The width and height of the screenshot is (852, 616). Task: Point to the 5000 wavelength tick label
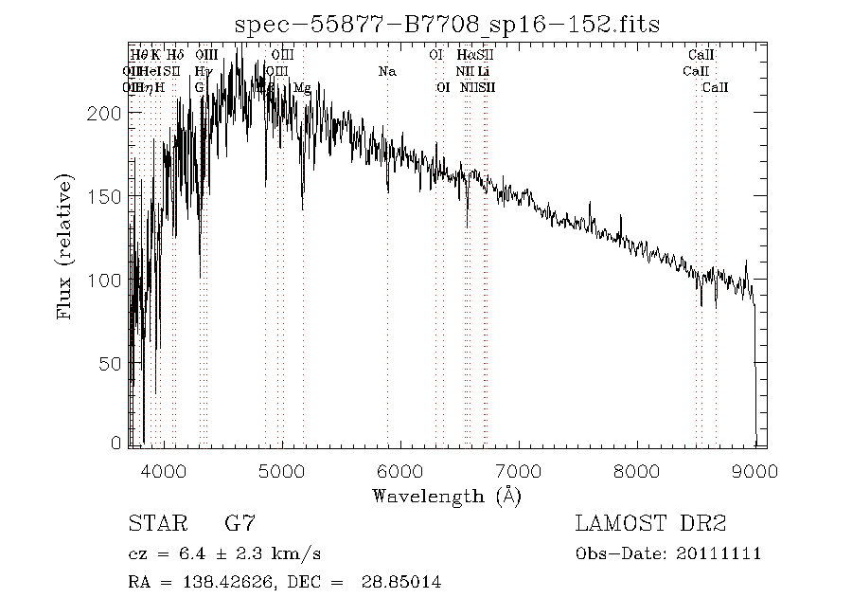[x=282, y=470]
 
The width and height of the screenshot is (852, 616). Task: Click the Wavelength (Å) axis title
[x=447, y=496]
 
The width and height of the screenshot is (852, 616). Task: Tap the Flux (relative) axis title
[x=65, y=245]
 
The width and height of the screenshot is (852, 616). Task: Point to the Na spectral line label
[x=386, y=71]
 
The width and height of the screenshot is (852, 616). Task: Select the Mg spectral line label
[x=302, y=87]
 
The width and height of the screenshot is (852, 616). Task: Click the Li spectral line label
[x=484, y=71]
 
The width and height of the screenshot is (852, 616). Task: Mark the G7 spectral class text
[x=240, y=523]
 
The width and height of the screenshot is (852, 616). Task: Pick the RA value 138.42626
[x=217, y=582]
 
